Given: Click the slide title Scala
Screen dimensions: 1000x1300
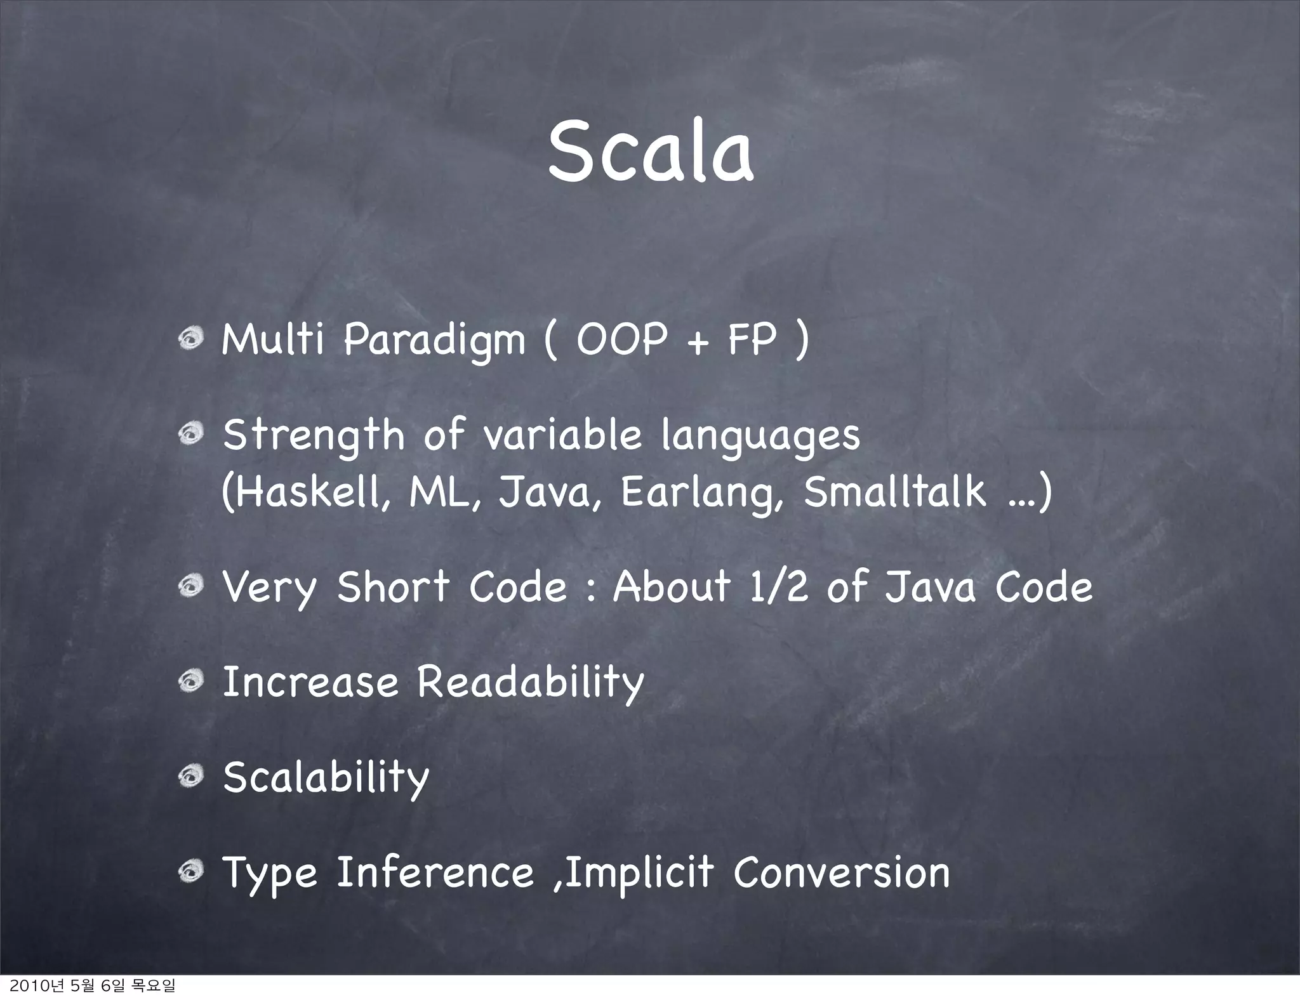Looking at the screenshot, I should click(x=650, y=152).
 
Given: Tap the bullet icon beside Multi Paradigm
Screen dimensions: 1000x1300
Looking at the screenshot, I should click(x=190, y=341).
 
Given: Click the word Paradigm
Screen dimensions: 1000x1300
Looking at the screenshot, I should click(x=435, y=341).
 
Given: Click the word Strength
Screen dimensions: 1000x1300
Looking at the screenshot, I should click(x=314, y=437).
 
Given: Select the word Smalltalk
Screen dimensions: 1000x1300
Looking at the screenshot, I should click(x=895, y=492).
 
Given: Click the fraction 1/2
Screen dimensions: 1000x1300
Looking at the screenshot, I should click(x=779, y=586).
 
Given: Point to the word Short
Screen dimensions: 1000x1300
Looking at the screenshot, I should click(x=393, y=586).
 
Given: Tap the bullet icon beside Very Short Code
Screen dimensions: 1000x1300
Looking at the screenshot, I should click(x=190, y=587).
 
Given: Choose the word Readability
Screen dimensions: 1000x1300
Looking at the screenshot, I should click(x=530, y=683).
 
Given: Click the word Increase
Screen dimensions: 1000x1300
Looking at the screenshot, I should click(x=310, y=682).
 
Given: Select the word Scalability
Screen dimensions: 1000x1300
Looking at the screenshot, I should click(x=326, y=778).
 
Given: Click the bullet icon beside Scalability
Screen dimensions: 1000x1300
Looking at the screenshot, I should click(x=190, y=777).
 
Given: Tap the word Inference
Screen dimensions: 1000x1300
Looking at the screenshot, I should click(x=435, y=872).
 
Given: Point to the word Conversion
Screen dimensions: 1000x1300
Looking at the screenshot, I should click(x=842, y=872).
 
